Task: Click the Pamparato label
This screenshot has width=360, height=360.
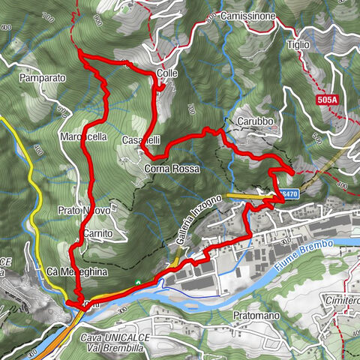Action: (x=43, y=77)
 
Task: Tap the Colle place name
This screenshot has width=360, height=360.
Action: (x=167, y=73)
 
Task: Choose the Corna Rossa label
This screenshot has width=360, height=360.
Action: (x=172, y=169)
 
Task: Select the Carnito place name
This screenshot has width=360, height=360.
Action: (x=98, y=234)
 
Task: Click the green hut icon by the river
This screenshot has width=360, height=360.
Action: (x=139, y=283)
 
